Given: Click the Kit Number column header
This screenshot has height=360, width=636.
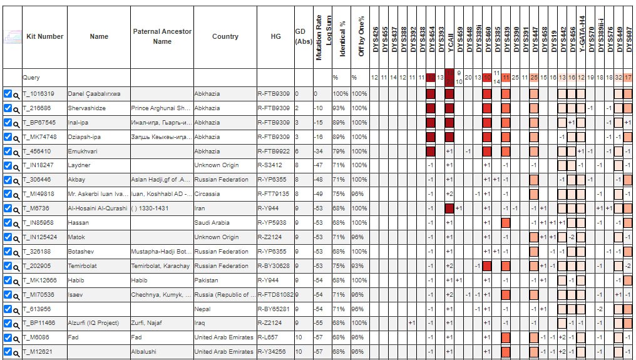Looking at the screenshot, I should (44, 36).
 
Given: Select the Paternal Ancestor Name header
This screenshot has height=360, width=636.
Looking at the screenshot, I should (162, 36).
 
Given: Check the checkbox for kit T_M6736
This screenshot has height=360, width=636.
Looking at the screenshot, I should (8, 208).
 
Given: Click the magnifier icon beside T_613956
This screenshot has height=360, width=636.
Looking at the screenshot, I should (17, 309).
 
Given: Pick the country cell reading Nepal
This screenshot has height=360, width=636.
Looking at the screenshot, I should (203, 309).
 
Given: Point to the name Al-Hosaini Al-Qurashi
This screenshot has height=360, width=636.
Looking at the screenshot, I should (96, 208).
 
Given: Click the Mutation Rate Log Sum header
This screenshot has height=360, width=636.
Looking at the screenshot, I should (319, 37).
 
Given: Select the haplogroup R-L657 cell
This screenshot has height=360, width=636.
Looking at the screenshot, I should (269, 337).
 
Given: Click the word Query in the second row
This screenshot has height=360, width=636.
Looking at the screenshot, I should (31, 78).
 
